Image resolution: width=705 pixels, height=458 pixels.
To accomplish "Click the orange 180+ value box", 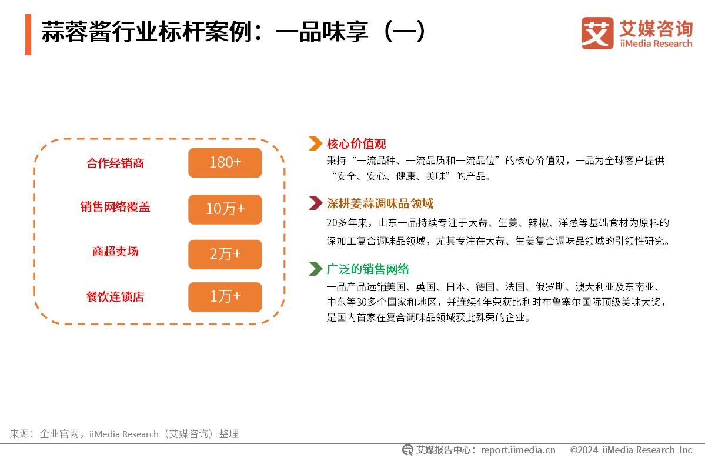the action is coord(225,163).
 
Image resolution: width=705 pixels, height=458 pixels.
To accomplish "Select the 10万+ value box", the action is coord(225,209).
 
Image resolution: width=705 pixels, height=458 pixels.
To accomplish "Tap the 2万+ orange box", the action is coord(225,255).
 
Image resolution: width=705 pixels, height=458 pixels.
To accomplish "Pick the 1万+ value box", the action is coord(225,297).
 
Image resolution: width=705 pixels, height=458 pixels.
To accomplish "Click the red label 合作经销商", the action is coord(115,163).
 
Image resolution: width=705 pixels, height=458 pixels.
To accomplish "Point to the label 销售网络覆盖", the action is coord(115,207).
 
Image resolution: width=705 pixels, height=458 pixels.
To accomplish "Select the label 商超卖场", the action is coord(115,251).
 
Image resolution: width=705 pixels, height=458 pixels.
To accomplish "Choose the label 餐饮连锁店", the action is coord(115,297).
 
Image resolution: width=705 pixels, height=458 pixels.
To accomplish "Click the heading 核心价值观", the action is coord(356,144).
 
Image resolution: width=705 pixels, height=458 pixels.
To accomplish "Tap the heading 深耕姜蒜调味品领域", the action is coord(380,203).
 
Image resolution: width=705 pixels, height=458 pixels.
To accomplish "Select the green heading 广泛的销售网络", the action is coord(367,269).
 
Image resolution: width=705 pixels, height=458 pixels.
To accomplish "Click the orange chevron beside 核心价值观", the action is coord(316,143).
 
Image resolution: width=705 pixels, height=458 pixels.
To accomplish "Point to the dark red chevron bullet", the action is coord(316,203).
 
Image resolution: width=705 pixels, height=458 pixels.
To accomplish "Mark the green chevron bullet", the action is coord(316,268).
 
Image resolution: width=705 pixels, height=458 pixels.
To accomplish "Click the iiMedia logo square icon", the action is coord(597,34).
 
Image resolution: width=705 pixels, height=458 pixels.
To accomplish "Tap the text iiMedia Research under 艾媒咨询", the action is coord(656,44).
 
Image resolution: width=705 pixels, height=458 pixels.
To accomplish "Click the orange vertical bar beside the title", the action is coord(28,35).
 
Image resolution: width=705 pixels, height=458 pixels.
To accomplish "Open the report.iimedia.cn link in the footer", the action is coord(518,450).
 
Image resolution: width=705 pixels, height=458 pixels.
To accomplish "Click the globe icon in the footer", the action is coord(408,450).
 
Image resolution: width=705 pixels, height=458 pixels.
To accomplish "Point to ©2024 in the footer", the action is coord(584,450).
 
